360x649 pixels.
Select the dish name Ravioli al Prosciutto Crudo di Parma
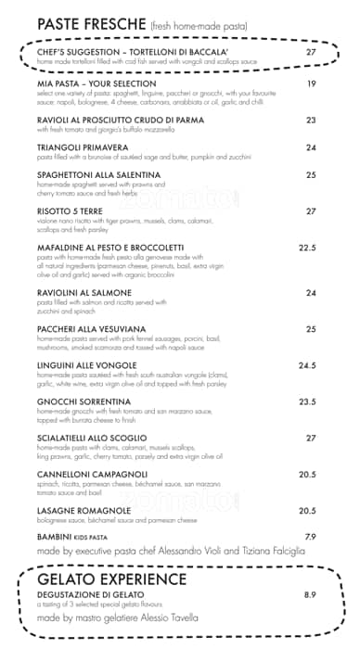121,121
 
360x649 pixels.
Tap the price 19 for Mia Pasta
312,84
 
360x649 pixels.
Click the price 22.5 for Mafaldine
308,248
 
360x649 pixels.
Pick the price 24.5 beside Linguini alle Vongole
308,365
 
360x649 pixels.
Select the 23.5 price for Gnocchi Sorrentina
308,401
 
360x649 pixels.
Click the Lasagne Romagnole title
84,511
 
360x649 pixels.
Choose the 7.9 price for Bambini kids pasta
311,537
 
